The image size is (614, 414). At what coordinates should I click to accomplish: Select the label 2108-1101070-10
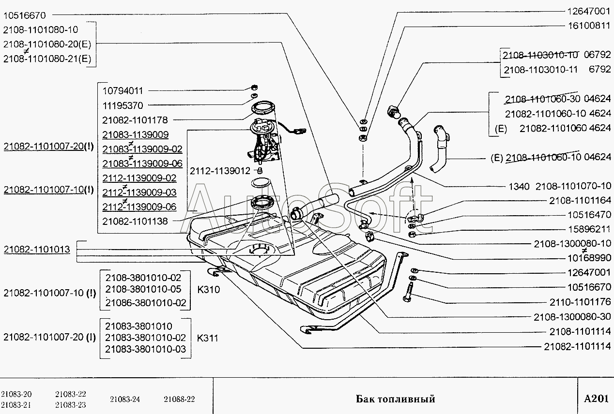(x=573, y=186)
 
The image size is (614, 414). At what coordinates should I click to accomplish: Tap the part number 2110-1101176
(x=580, y=302)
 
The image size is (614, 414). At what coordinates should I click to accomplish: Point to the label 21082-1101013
(x=37, y=250)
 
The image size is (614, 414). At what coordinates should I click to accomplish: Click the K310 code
(x=208, y=290)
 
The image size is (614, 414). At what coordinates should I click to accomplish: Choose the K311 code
(x=208, y=338)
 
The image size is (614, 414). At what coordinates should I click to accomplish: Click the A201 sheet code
(x=596, y=399)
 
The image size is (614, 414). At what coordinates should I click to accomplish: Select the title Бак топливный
(x=396, y=399)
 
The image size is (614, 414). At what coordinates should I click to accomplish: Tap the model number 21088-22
(x=179, y=399)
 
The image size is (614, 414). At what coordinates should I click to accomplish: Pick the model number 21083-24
(x=125, y=399)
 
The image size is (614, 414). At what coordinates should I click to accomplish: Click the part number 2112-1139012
(x=220, y=171)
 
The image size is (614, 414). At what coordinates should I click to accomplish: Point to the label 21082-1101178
(x=135, y=120)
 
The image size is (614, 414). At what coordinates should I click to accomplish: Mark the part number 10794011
(x=123, y=90)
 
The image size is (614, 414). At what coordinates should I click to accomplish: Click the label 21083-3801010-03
(x=145, y=349)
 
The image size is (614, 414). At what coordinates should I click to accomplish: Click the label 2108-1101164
(x=580, y=200)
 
